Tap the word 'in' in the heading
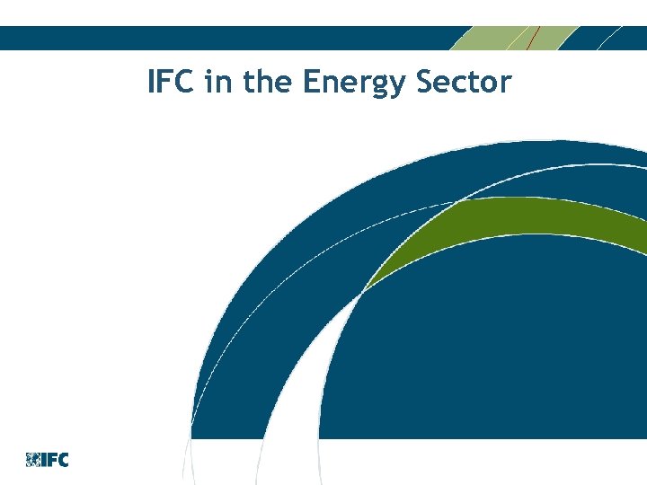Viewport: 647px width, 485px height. [217, 83]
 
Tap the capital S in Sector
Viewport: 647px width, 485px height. [426, 83]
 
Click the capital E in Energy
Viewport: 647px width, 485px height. [311, 83]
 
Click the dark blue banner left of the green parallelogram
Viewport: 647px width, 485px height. [225, 38]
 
